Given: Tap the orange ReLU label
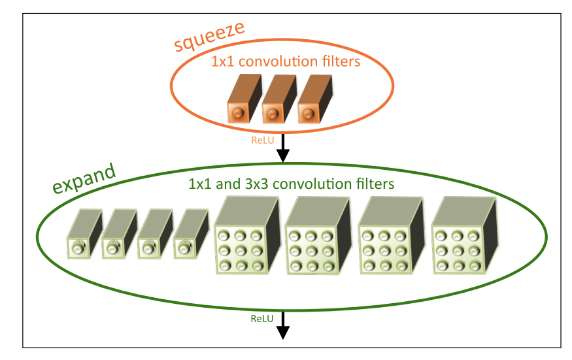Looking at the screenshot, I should pos(263,140).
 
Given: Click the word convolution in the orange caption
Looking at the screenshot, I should pos(280,63).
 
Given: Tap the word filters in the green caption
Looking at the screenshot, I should pos(373,184).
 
